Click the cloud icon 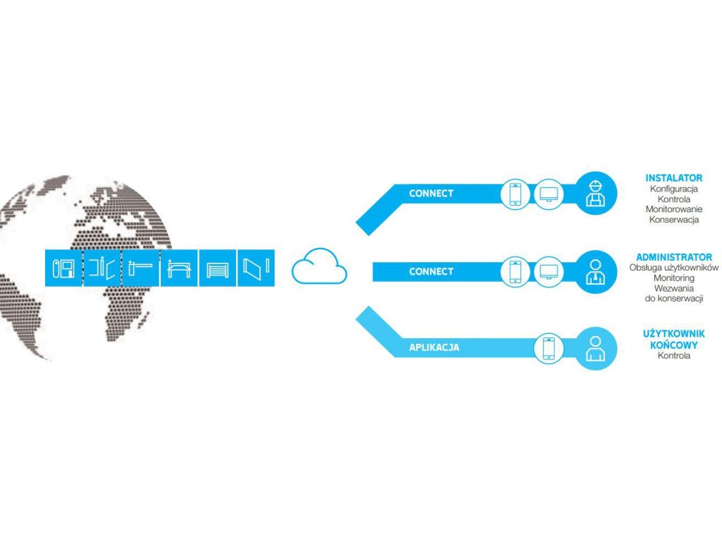[x=319, y=267]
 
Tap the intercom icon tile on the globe [x=63, y=268]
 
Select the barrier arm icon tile [x=140, y=268]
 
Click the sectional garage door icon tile [x=217, y=268]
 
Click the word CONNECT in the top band [x=431, y=193]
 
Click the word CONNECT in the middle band [x=431, y=271]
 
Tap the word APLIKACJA [x=434, y=347]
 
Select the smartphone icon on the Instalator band [x=515, y=194]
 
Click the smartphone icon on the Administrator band [x=515, y=272]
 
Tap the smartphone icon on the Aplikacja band [x=549, y=348]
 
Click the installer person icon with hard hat [x=596, y=193]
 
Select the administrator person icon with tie [x=596, y=272]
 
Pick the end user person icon [x=596, y=348]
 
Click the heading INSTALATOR [x=673, y=178]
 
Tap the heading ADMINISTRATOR [x=673, y=257]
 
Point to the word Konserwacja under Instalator [x=673, y=220]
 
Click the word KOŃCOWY [x=673, y=345]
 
